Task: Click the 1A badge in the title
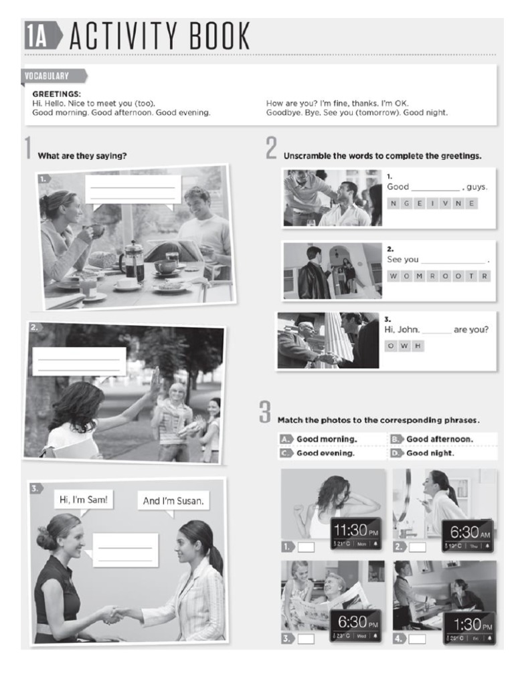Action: point(37,36)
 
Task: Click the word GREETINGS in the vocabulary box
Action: point(56,94)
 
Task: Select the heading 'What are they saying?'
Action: point(82,156)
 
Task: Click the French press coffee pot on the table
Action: point(133,261)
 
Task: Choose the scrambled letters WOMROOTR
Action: point(438,276)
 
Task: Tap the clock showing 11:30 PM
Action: point(355,532)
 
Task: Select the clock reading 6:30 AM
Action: point(468,534)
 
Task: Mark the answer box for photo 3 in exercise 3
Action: point(306,639)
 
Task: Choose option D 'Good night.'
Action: point(430,453)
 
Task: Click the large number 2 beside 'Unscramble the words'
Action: point(270,149)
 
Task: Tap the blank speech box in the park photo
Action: point(79,361)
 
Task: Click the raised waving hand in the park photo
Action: point(156,380)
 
